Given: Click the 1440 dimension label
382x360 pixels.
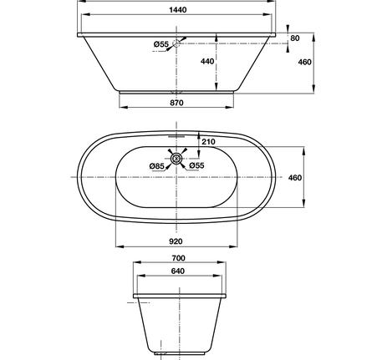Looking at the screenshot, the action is pyautogui.click(x=178, y=10).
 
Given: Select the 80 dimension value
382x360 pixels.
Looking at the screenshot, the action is pyautogui.click(x=295, y=38).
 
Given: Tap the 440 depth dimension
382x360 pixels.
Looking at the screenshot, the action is pyautogui.click(x=207, y=61).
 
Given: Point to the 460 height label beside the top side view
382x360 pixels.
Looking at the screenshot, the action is pyautogui.click(x=304, y=62).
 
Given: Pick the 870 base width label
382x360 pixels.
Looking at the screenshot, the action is pyautogui.click(x=176, y=103).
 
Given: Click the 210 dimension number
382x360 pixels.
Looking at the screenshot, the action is pyautogui.click(x=208, y=142).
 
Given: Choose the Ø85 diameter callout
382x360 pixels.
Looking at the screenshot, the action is pyautogui.click(x=157, y=166).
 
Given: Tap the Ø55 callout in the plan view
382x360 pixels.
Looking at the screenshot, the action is pyautogui.click(x=196, y=165).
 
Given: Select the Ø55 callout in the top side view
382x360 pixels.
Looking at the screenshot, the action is pyautogui.click(x=161, y=44).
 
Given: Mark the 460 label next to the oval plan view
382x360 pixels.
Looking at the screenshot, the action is pyautogui.click(x=295, y=178).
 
